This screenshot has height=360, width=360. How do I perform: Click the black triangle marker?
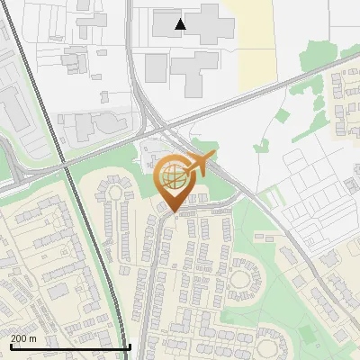(181, 24)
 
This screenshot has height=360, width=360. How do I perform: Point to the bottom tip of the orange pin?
(173, 213)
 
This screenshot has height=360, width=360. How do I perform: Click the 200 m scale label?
(23, 338)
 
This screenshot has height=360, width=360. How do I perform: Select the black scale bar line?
(70, 346)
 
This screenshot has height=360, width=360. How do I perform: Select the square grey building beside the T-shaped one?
(157, 66)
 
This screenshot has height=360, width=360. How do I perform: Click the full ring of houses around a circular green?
(240, 279)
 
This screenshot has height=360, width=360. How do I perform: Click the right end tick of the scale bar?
(130, 345)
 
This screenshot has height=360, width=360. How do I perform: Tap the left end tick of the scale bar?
(10, 345)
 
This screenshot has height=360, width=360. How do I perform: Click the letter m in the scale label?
(33, 338)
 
